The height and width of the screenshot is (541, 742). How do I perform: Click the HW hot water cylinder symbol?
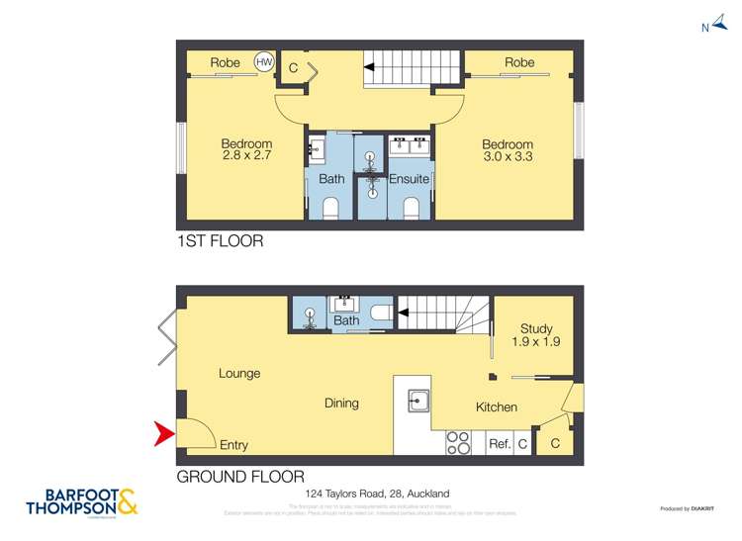pyautogui.click(x=264, y=61)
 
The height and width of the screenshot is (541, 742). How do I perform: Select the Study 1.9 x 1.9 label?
pyautogui.click(x=536, y=335)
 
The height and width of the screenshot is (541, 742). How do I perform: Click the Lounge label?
pyautogui.click(x=239, y=374)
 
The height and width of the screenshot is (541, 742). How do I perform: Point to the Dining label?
pyautogui.click(x=341, y=404)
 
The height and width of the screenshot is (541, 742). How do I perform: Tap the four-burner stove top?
pyautogui.click(x=458, y=442)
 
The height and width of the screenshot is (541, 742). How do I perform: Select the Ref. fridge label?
pyautogui.click(x=500, y=444)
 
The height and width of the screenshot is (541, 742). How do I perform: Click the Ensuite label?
pyautogui.click(x=409, y=179)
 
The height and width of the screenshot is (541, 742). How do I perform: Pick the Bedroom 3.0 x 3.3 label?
pyautogui.click(x=508, y=149)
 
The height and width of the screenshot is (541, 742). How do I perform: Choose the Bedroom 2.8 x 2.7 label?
pyautogui.click(x=246, y=149)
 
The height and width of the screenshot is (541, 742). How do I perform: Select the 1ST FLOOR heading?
pyautogui.click(x=220, y=240)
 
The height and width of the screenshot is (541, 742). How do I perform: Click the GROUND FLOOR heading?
pyautogui.click(x=239, y=477)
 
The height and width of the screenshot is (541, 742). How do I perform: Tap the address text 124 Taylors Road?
pyautogui.click(x=376, y=493)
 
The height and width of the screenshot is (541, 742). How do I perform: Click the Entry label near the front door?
pyautogui.click(x=234, y=445)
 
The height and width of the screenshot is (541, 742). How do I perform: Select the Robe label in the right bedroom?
pyautogui.click(x=519, y=62)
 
